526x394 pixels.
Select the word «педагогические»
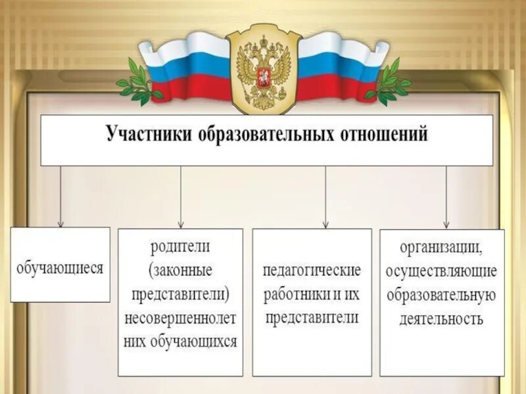(312, 271)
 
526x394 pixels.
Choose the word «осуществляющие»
(442, 271)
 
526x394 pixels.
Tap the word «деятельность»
(442, 320)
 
